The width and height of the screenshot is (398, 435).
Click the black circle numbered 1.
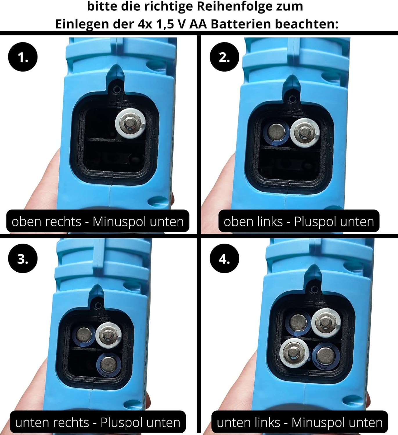click(x=23, y=57)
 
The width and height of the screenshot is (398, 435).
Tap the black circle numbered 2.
click(x=224, y=57)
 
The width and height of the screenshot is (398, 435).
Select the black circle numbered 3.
click(x=23, y=258)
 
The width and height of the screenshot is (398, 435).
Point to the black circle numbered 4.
click(x=224, y=258)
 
